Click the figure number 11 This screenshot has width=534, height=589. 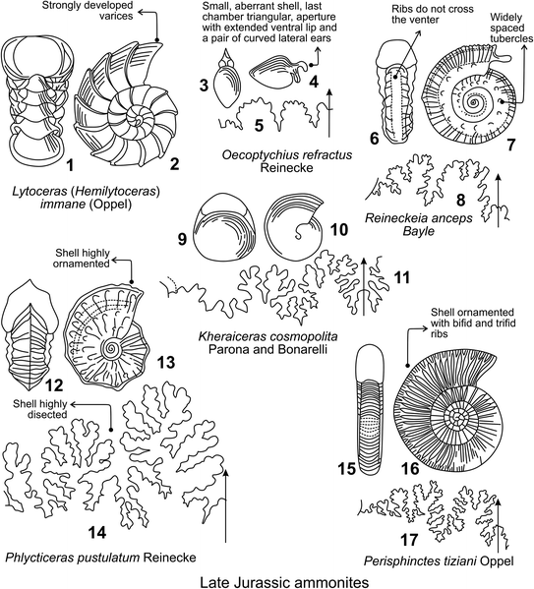coord(399,278)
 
